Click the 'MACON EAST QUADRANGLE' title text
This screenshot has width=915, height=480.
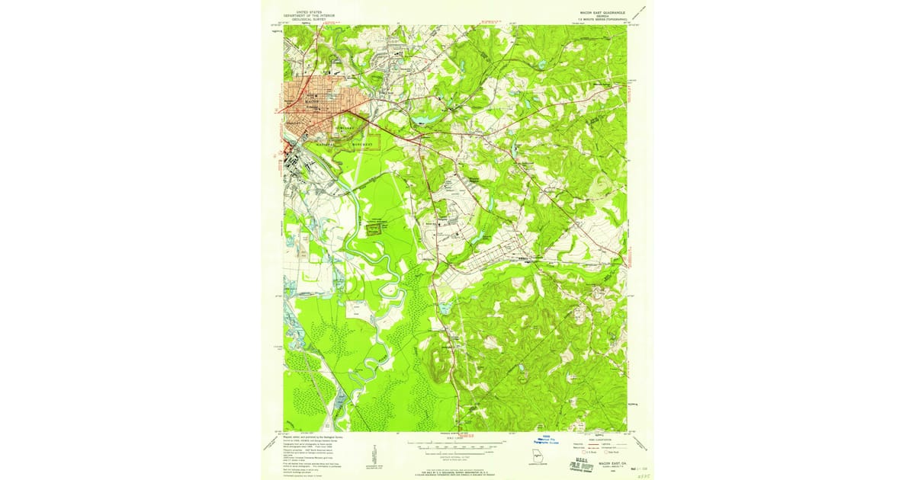(602, 12)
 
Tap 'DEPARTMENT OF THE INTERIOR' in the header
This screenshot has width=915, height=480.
(310, 15)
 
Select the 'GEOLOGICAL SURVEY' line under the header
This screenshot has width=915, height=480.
(310, 19)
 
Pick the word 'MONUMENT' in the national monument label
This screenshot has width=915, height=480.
(363, 143)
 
